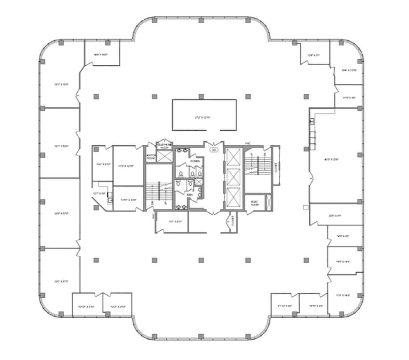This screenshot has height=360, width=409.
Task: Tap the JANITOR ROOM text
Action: point(150,157)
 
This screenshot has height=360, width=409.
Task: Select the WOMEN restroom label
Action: point(194,161)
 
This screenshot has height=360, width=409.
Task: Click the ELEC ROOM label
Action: point(254,203)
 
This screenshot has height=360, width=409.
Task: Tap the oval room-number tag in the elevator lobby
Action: point(214,150)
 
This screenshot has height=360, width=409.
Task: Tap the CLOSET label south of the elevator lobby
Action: point(233,222)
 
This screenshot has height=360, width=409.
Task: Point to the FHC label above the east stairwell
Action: point(248,143)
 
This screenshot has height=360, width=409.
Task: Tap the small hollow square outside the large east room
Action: point(305,207)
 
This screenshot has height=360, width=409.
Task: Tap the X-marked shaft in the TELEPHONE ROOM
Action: point(165,156)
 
